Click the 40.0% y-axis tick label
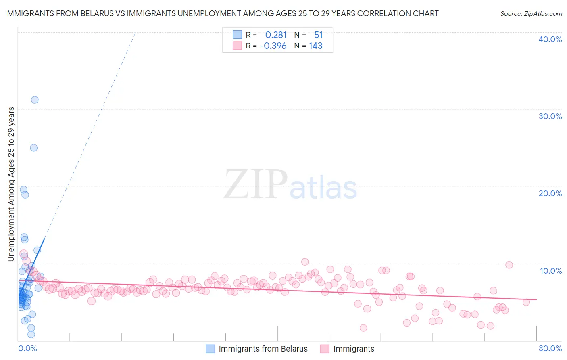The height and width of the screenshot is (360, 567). pyautogui.click(x=550, y=39)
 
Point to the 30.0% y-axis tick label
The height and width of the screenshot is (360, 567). pyautogui.click(x=550, y=116)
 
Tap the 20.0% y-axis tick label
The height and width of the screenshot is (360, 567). pyautogui.click(x=550, y=193)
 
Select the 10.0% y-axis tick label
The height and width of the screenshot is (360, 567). pyautogui.click(x=551, y=271)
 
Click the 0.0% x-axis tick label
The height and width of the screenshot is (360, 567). pyautogui.click(x=28, y=348)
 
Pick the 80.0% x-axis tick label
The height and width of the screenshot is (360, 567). pyautogui.click(x=550, y=348)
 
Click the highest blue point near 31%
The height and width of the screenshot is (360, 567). pyautogui.click(x=35, y=100)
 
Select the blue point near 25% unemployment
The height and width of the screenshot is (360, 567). pyautogui.click(x=34, y=148)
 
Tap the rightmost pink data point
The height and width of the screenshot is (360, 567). pyautogui.click(x=526, y=302)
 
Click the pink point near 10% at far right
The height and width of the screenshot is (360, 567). pyautogui.click(x=509, y=265)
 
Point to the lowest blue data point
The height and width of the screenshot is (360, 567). pyautogui.click(x=31, y=334)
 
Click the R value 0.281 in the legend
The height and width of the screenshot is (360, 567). pyautogui.click(x=276, y=35)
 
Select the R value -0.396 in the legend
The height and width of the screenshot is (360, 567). pyautogui.click(x=273, y=46)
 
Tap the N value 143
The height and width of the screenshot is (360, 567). pyautogui.click(x=315, y=46)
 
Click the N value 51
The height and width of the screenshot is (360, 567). pyautogui.click(x=318, y=35)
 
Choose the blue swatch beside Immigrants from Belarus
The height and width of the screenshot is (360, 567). pyautogui.click(x=211, y=349)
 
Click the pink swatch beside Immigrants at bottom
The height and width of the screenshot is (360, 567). pyautogui.click(x=325, y=349)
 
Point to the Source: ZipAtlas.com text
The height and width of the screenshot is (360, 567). pyautogui.click(x=531, y=14)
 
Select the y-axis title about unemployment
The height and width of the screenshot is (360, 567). pyautogui.click(x=11, y=184)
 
